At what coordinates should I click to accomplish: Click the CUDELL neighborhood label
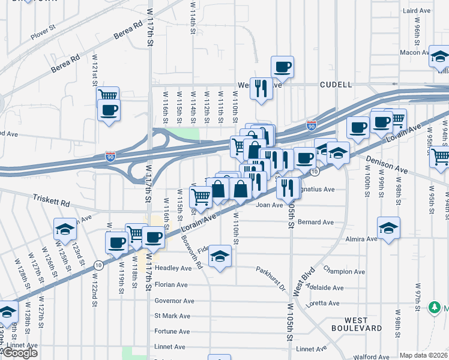coord(336,85)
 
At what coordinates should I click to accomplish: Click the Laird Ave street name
coord(417,11)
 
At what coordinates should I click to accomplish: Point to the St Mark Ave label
coord(172,316)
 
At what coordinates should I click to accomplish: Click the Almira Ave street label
coord(361,238)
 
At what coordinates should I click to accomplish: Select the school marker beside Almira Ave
coord(388,228)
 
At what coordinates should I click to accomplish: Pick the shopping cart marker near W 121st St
coord(108,95)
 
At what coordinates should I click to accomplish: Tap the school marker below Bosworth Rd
coord(220,257)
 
